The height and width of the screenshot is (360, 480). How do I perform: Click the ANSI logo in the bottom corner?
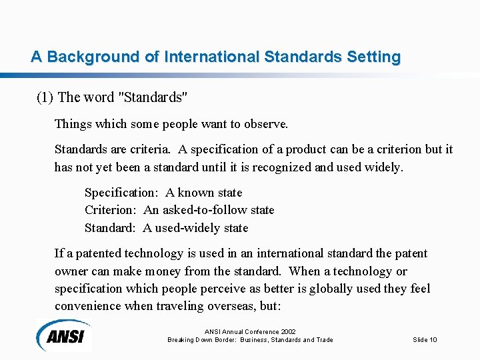coord(65,335)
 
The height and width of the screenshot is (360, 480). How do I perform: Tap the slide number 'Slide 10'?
coord(425,340)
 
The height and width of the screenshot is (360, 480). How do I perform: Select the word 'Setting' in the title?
coord(373,57)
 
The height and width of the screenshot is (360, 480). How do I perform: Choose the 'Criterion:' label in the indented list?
coord(112,210)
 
